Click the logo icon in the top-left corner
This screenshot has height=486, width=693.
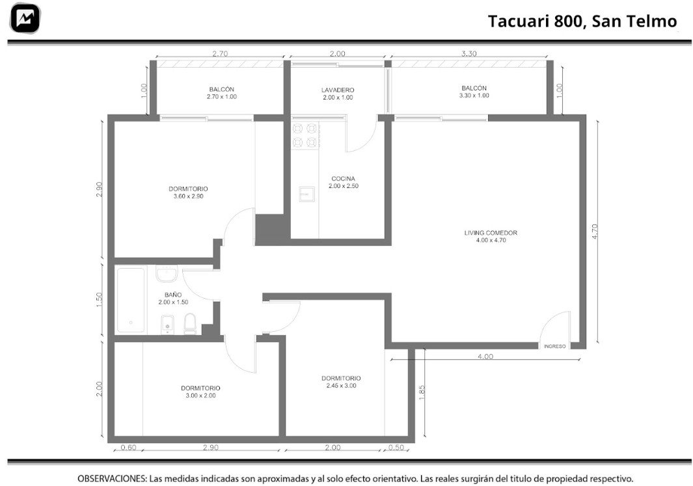pyautogui.click(x=25, y=18)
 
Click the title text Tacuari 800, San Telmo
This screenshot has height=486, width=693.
pyautogui.click(x=582, y=21)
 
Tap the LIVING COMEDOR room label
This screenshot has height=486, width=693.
pyautogui.click(x=491, y=236)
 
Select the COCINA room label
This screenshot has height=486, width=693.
pyautogui.click(x=344, y=182)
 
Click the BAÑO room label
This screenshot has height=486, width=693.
pyautogui.click(x=173, y=299)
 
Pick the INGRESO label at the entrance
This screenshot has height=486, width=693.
pyautogui.click(x=554, y=346)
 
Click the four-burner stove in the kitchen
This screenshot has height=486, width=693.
pyautogui.click(x=305, y=135)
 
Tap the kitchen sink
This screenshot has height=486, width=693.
pyautogui.click(x=306, y=194)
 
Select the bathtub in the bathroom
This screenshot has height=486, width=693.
pyautogui.click(x=131, y=300)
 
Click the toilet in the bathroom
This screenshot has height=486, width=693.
pyautogui.click(x=189, y=323)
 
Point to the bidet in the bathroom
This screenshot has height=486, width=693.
pyautogui.click(x=167, y=324)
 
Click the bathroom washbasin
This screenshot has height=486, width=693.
pyautogui.click(x=167, y=273)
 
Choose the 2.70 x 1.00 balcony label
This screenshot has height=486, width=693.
pyautogui.click(x=222, y=93)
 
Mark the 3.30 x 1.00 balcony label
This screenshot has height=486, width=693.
pyautogui.click(x=474, y=92)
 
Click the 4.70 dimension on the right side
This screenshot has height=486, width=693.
pyautogui.click(x=595, y=232)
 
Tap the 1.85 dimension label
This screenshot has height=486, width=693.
pyautogui.click(x=422, y=393)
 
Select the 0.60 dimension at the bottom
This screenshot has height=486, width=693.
pyautogui.click(x=129, y=448)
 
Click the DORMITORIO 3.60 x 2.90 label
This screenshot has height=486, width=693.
pyautogui.click(x=188, y=193)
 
